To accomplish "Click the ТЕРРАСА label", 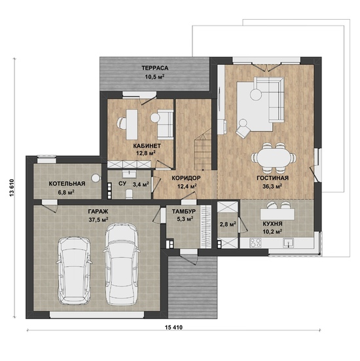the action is coord(155,68).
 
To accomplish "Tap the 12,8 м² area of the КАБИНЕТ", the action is coord(146,153).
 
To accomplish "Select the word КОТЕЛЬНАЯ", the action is coord(67,183).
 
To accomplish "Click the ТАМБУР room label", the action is coord(184,212).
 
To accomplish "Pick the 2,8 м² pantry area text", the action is coord(228,224).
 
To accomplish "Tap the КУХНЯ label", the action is coord(272,224).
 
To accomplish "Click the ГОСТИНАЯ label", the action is coord(272,178).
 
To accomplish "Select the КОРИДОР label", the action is coord(187,178).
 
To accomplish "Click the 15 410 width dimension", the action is coord(173,327).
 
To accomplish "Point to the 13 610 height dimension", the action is coord(12,188).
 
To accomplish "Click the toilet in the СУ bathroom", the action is coord(130,194).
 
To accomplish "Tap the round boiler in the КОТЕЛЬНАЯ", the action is coord(95,178).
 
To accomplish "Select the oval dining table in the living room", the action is coord(274,158).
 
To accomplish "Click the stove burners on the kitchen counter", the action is coord(255,242).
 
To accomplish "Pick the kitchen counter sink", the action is coord(288,242).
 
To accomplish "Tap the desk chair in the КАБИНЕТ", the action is coord(122,123).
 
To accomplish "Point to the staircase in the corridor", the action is coord(203,149).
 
